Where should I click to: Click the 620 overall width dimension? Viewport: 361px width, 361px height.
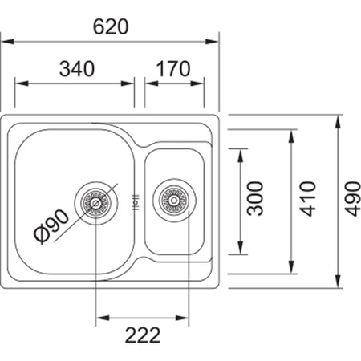click(111, 26)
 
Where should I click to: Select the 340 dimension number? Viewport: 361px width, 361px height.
click(77, 69)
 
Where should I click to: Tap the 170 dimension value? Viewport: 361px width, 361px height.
click(173, 69)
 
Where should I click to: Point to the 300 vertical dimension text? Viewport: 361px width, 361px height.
click(255, 198)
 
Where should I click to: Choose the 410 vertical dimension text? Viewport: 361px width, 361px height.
click(307, 199)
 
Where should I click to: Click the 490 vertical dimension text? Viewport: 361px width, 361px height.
click(353, 199)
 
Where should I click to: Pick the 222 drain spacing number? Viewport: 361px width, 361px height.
click(143, 335)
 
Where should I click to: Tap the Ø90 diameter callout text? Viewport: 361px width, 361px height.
click(51, 226)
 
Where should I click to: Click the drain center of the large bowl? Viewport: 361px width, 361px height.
click(95, 203)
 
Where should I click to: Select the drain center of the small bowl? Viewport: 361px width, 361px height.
click(174, 200)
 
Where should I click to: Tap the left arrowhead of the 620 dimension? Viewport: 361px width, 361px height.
click(7, 42)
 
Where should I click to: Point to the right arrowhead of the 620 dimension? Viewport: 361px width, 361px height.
click(212, 42)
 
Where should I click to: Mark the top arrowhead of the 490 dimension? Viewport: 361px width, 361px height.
click(338, 122)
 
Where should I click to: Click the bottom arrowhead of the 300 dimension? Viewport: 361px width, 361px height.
click(241, 248)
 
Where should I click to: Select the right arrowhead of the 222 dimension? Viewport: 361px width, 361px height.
click(182, 318)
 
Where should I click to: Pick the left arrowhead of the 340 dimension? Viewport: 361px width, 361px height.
click(22, 83)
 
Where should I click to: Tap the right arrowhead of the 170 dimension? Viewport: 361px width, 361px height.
click(197, 83)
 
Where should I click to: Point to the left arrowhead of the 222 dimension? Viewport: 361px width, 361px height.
click(103, 318)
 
